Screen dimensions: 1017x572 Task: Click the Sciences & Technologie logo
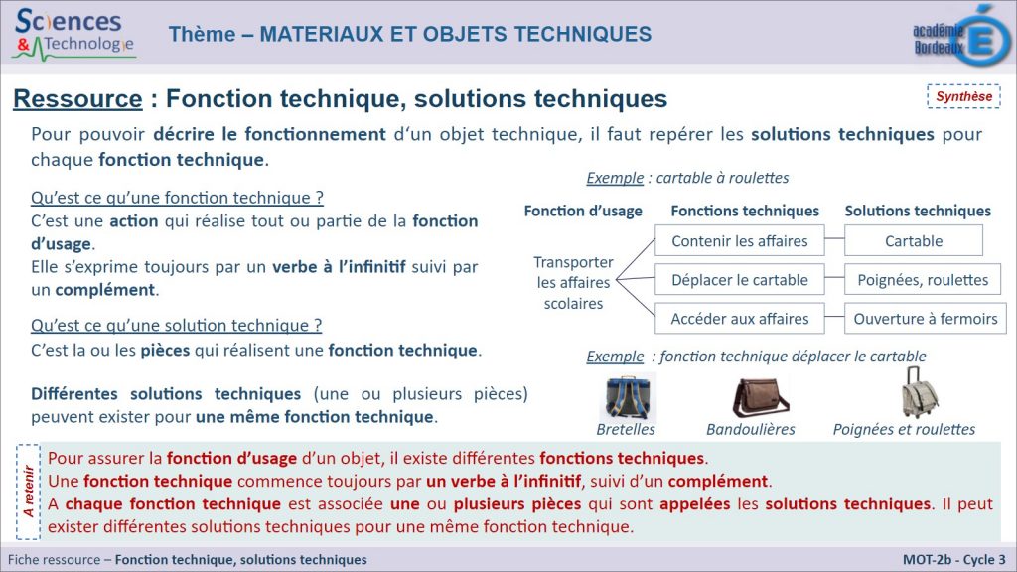pos(73,35)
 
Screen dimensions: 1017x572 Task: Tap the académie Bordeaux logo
pos(961,36)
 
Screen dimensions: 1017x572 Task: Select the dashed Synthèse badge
pos(963,96)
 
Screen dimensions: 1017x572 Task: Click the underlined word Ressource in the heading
pos(77,99)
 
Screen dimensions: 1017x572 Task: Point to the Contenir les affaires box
pos(739,240)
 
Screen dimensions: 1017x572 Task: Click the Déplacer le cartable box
pos(739,279)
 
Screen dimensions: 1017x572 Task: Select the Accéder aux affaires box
pos(739,319)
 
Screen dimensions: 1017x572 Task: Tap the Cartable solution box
pos(914,240)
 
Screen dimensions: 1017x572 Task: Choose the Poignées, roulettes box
pos(923,279)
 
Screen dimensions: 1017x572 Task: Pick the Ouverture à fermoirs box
pos(925,319)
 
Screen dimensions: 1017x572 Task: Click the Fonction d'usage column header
pos(583,211)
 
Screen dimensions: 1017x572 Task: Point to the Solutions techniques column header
pos(918,211)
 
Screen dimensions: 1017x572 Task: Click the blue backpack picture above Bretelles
pos(627,397)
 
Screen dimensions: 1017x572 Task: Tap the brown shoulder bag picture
pos(760,397)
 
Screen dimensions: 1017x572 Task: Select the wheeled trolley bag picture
pos(919,393)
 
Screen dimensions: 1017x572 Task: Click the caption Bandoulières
pos(751,429)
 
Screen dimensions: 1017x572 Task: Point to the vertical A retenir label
pos(28,491)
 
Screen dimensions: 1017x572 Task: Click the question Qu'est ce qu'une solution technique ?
pos(177,325)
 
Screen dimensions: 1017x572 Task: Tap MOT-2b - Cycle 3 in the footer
pos(954,560)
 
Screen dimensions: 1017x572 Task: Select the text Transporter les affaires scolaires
pos(573,283)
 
